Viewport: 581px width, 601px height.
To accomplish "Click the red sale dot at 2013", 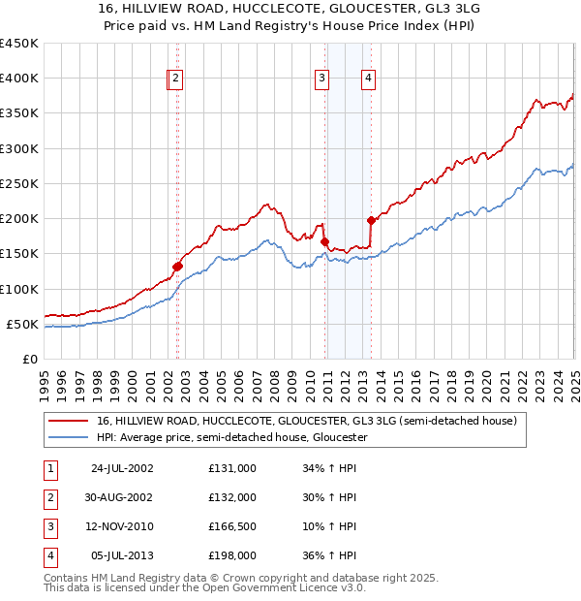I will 371,220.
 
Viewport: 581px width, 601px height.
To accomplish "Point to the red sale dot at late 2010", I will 324,241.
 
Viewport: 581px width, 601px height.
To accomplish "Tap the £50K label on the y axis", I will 22,324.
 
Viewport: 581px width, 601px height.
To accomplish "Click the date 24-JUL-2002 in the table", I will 121,468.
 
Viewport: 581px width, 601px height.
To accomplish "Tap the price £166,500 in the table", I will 231,526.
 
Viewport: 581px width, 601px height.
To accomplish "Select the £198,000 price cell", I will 231,555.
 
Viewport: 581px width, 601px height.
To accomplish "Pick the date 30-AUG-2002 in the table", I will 121,497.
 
